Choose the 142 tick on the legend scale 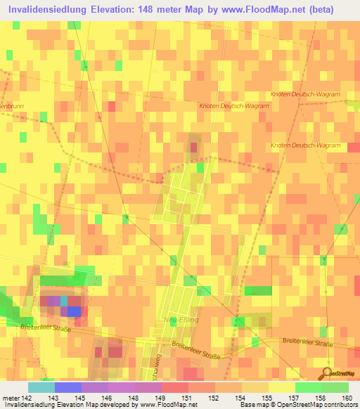25,397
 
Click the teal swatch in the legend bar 41,387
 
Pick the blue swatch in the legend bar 67,387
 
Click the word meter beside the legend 10,397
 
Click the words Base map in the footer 252,405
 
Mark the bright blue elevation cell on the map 74,311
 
